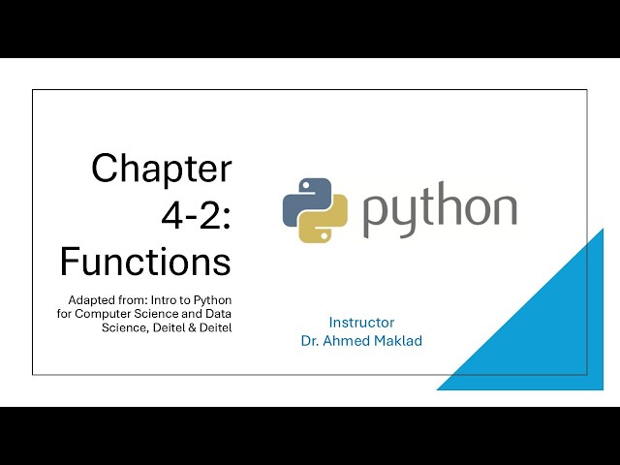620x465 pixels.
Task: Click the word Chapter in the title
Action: click(x=162, y=169)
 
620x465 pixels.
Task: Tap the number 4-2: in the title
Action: click(x=196, y=215)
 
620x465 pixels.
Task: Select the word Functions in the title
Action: click(x=145, y=262)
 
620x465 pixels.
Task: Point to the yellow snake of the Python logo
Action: click(x=325, y=222)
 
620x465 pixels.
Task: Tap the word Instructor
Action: click(x=361, y=323)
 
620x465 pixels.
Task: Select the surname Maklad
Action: click(x=399, y=341)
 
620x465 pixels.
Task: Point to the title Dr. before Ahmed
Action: click(x=311, y=341)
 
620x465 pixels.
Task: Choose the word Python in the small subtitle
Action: click(x=211, y=299)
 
